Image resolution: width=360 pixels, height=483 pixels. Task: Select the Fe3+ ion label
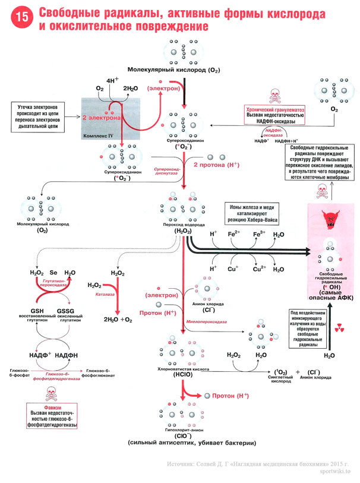[259, 235]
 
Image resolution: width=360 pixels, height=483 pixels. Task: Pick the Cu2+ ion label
[259, 269]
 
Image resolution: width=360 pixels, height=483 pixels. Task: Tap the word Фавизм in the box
[54, 409]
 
